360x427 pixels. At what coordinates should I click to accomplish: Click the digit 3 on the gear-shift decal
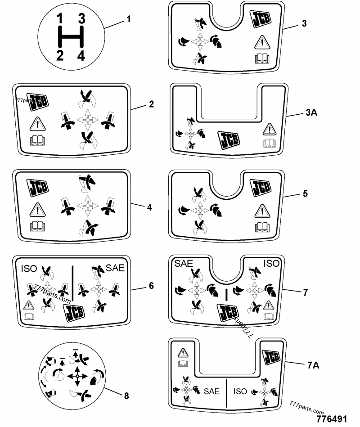pyautogui.click(x=82, y=18)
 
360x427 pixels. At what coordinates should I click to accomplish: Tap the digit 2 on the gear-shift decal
pyautogui.click(x=59, y=55)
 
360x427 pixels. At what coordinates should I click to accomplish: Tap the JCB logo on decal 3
pyautogui.click(x=261, y=19)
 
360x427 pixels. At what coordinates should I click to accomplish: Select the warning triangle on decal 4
pyautogui.click(x=35, y=209)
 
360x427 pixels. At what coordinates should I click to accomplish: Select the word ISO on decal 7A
pyautogui.click(x=241, y=391)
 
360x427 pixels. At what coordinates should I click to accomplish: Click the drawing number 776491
pyautogui.click(x=332, y=419)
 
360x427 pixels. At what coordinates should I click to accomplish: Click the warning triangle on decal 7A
pyautogui.click(x=183, y=353)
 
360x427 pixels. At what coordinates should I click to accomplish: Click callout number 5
pyautogui.click(x=306, y=193)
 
